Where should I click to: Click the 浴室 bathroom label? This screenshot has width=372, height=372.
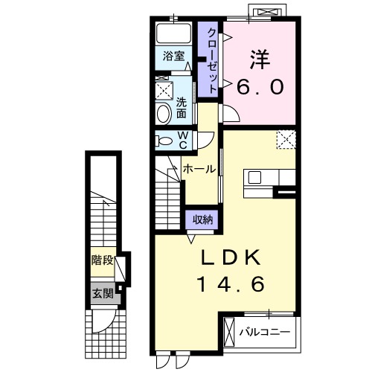pos(173,56)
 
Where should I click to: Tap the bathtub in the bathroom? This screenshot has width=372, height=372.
pos(173,33)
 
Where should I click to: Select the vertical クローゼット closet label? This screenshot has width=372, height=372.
pos(212,60)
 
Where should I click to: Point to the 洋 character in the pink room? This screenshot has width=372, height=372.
pos(260,60)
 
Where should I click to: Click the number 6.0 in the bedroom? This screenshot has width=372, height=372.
pos(260,87)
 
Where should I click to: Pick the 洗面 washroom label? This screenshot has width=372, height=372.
pos(182,108)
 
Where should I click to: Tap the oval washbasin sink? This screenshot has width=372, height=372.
pos(164,114)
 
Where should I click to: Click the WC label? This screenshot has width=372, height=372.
pos(183,140)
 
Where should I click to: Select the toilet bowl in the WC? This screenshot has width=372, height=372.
pos(164,141)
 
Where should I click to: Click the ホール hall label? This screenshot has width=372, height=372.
pos(199,170)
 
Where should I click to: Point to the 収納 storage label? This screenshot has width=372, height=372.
pos(202,219)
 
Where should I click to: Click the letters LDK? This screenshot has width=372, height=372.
pos(231,258)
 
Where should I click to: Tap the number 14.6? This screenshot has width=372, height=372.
pos(231,284)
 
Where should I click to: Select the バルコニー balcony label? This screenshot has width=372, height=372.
pos(265,332)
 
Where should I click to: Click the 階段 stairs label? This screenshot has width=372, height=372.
pos(102,260)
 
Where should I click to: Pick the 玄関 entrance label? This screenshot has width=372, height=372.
pos(103,293)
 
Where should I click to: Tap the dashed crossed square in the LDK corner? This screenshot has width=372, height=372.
pos(286,140)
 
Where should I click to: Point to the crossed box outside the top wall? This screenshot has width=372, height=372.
pos(269,12)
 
